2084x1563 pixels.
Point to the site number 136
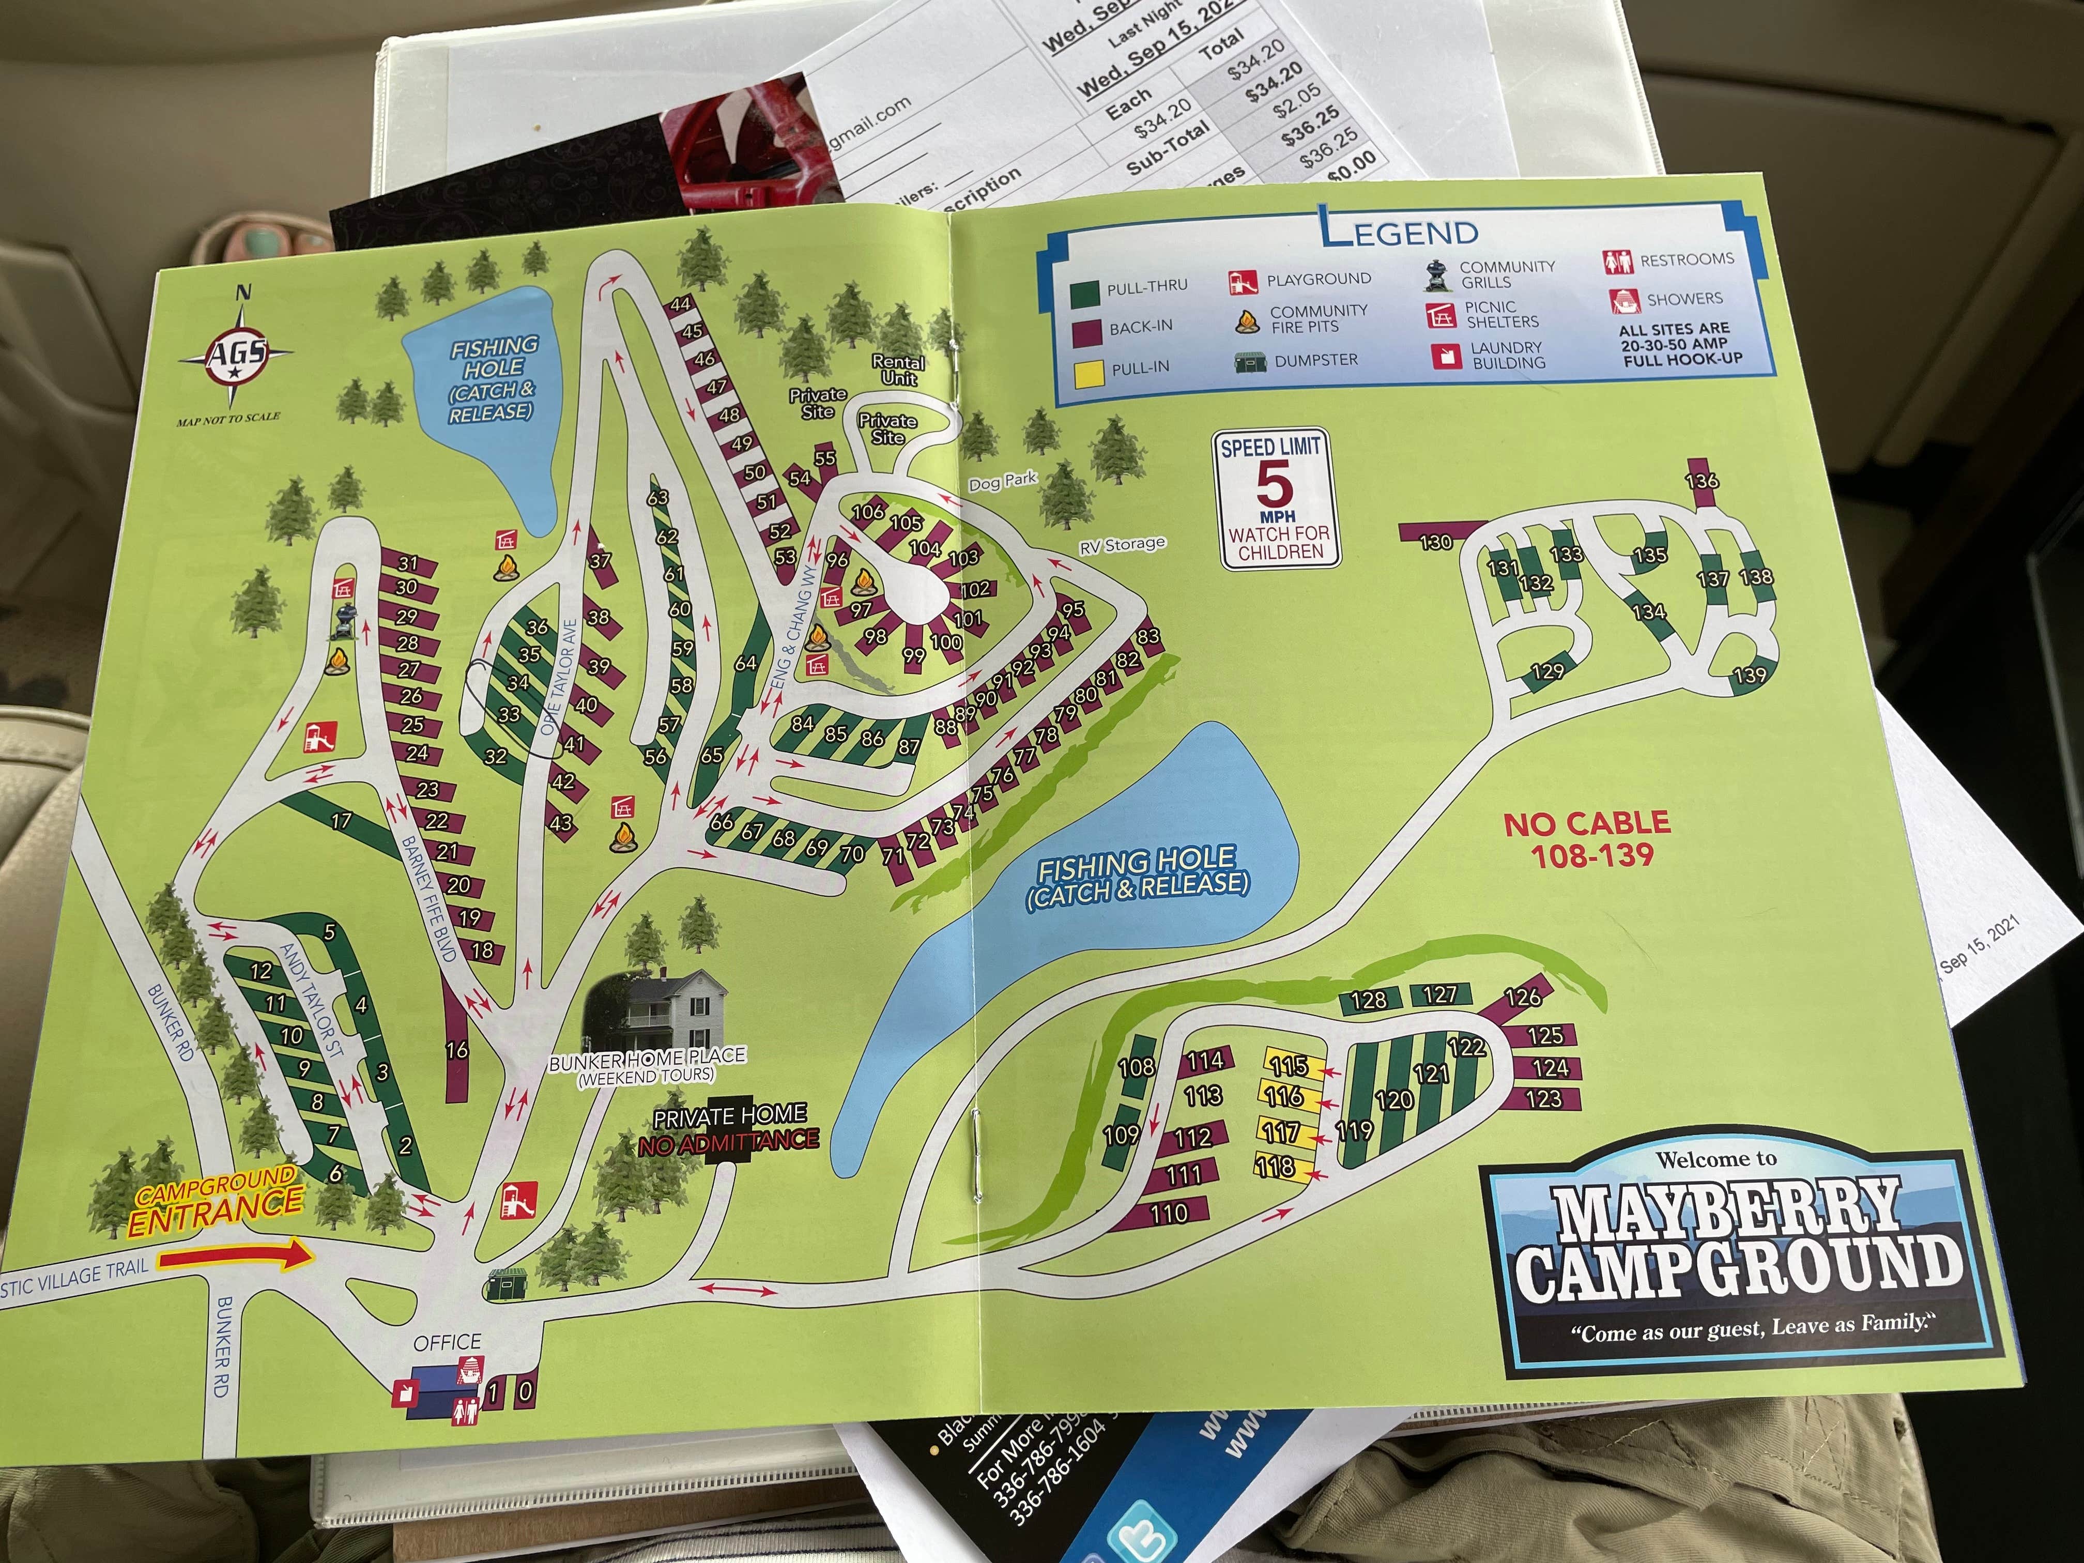[x=1702, y=481]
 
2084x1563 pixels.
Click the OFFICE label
[x=448, y=1342]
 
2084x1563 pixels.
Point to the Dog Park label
[x=1002, y=481]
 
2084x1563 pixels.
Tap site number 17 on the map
[x=341, y=821]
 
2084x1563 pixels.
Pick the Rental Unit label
[x=898, y=370]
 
